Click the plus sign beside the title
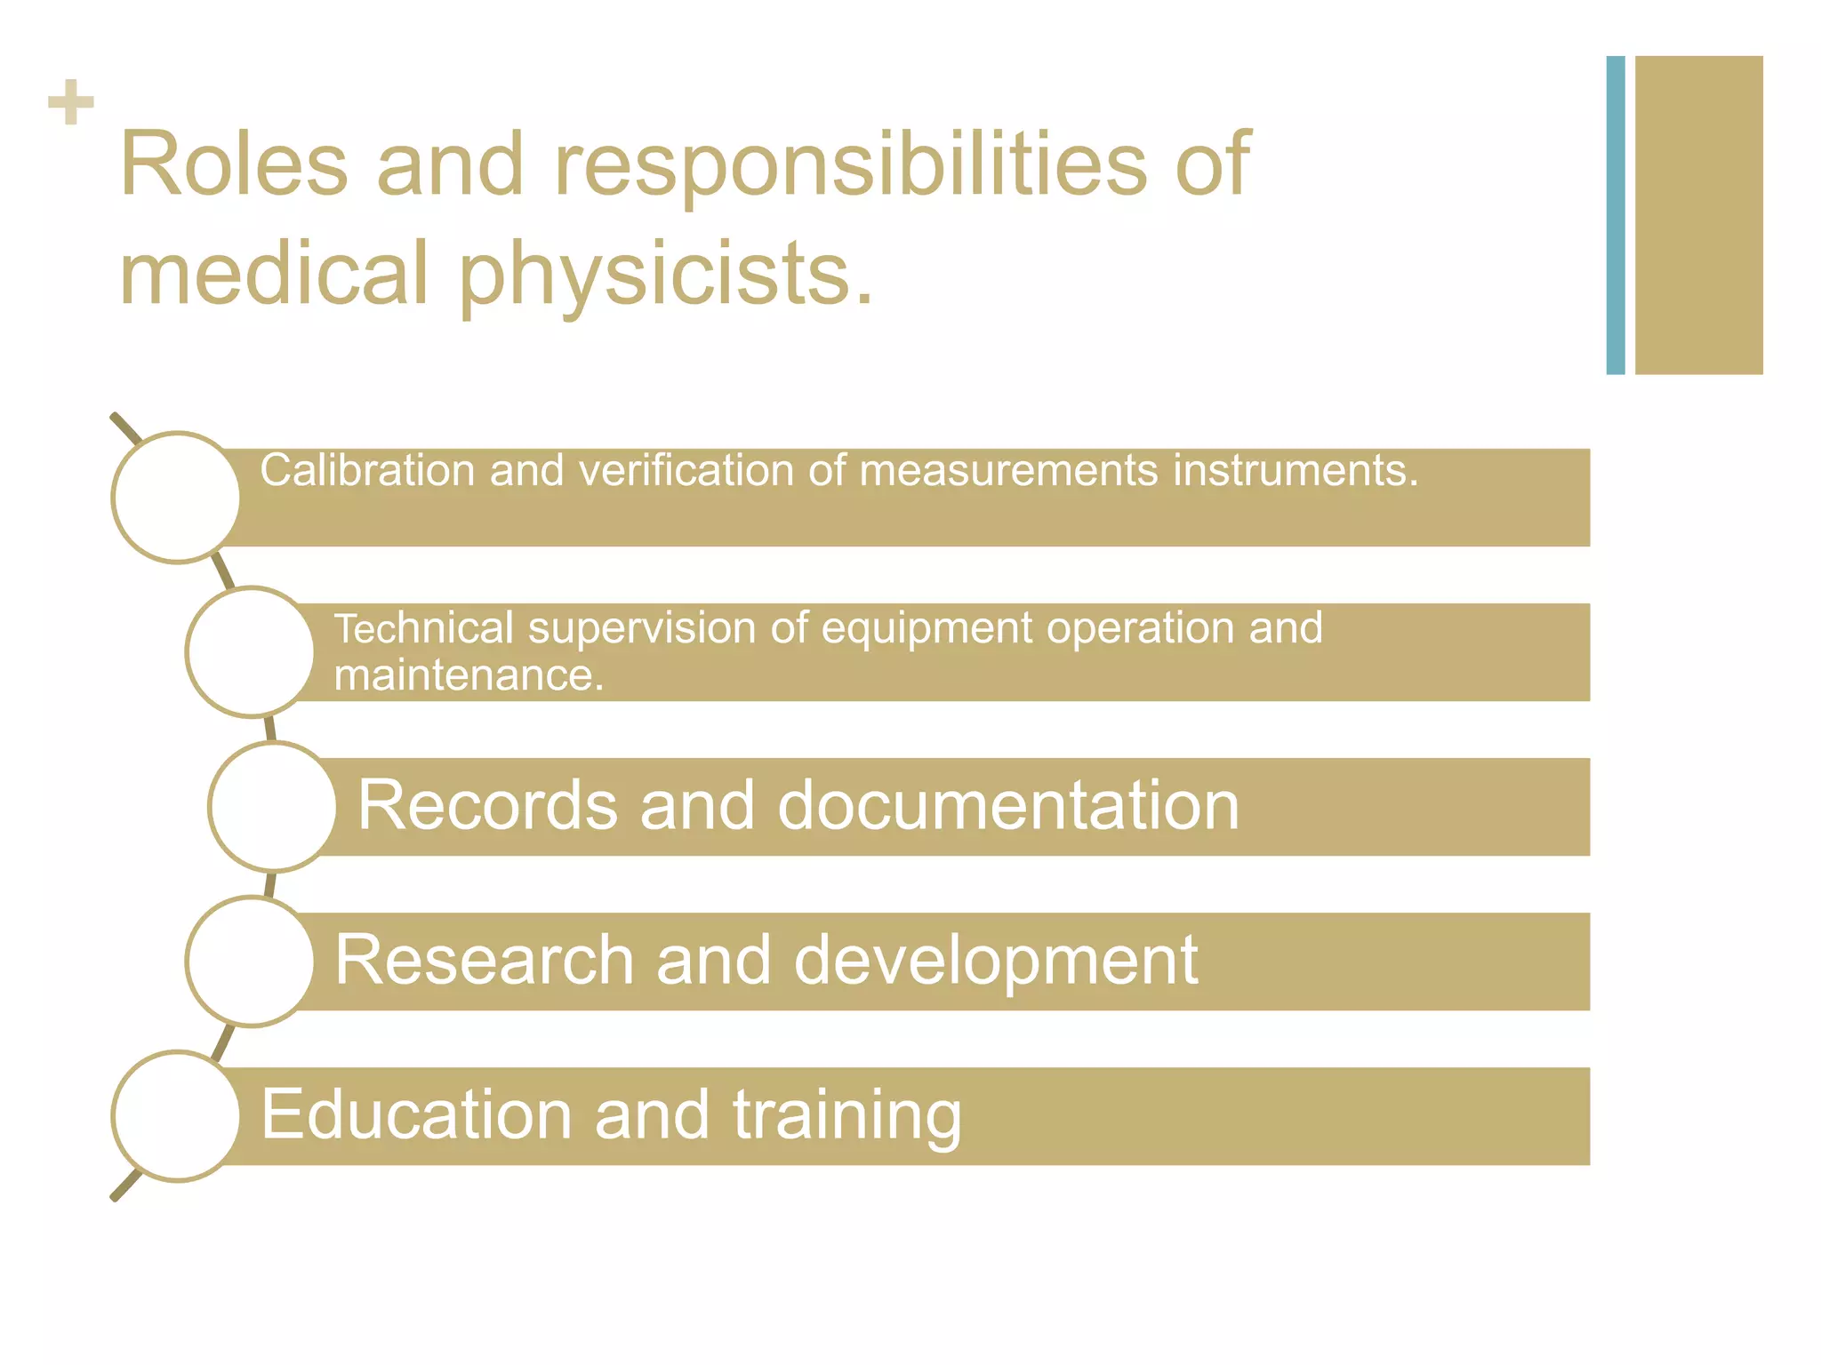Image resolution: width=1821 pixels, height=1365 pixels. pos(71,102)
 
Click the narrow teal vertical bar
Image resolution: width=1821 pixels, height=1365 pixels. pos(1615,215)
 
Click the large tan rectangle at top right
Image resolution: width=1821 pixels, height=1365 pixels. pos(1698,215)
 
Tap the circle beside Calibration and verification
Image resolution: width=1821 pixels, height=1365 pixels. pos(177,498)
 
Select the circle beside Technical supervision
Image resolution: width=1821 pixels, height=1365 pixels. pos(252,652)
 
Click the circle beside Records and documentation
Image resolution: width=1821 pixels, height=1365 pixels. pos(274,807)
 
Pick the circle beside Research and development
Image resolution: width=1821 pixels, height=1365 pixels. pos(252,962)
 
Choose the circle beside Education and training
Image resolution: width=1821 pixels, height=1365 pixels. pos(177,1116)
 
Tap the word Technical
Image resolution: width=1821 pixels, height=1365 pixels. pos(423,628)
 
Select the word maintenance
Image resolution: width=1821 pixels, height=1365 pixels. pos(469,675)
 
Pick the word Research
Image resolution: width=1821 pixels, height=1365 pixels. pos(484,961)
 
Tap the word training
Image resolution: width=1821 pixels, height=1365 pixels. pos(847,1116)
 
